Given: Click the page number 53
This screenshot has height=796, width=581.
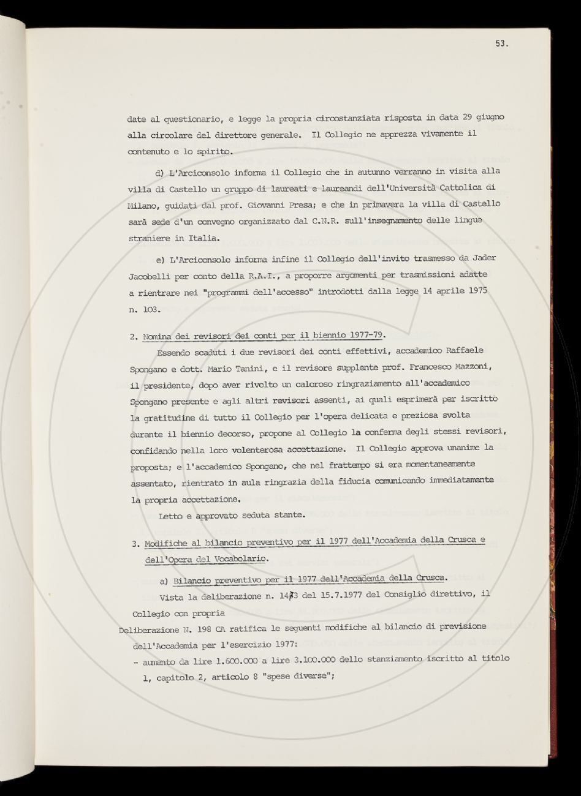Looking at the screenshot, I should click(502, 43).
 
